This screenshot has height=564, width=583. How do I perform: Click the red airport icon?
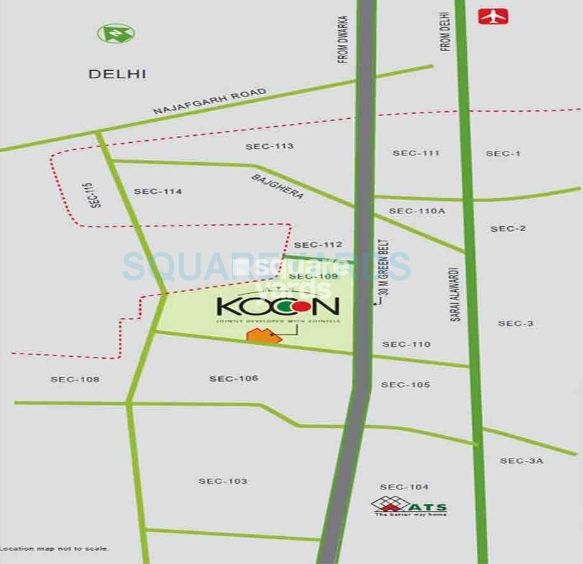coord(494,16)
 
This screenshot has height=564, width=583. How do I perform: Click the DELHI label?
coord(117,74)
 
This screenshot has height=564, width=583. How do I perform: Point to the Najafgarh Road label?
coord(209,102)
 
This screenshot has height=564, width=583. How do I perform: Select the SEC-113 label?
coord(270,147)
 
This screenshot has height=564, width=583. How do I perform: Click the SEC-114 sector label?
coord(158,191)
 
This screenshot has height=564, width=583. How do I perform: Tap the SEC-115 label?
coord(95,195)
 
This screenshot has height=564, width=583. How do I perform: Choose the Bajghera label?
coord(277,187)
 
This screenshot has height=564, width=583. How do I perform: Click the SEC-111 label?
coord(416,153)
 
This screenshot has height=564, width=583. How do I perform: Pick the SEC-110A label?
coord(417,211)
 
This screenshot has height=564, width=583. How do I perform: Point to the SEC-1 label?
coord(503,153)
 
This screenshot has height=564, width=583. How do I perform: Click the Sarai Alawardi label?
coord(455,294)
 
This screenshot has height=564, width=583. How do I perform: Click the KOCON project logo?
coord(278,308)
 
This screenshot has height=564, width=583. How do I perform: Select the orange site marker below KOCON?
coord(264,335)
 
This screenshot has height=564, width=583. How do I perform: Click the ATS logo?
coord(409,506)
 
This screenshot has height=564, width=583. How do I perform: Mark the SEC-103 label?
coord(223,481)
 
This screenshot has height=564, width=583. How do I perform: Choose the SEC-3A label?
coord(521,461)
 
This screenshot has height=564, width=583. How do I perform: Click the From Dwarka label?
coord(343,40)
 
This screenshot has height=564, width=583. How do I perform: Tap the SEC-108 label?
coord(75,380)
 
